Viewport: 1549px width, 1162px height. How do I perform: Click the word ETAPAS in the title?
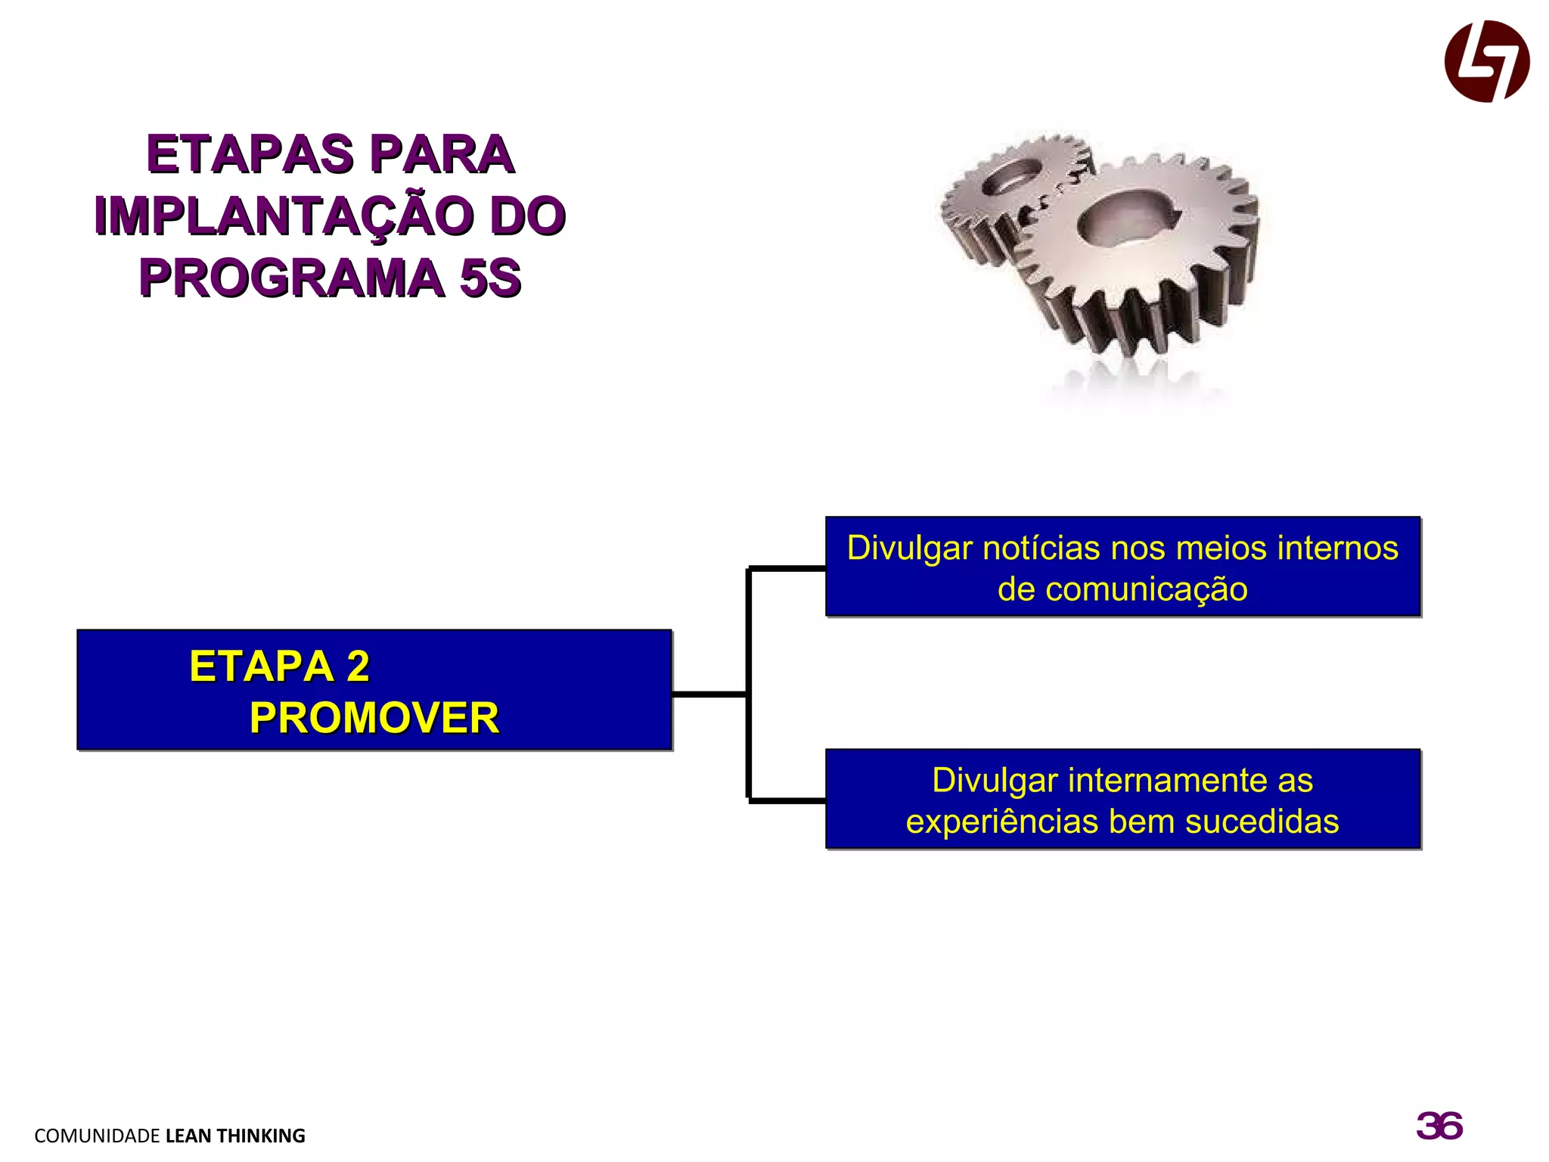coord(250,155)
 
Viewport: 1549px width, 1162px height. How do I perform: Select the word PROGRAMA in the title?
coord(292,278)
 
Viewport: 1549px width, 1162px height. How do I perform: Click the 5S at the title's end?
coord(491,278)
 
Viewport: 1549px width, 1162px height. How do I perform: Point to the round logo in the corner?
coord(1486,61)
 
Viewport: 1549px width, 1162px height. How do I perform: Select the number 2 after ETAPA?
coord(358,666)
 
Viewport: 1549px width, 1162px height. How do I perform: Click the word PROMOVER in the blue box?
coord(374,718)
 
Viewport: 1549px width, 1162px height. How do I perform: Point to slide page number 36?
coord(1439,1126)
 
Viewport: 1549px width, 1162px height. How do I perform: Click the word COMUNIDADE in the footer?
coord(97,1136)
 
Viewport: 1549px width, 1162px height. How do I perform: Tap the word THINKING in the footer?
coord(261,1136)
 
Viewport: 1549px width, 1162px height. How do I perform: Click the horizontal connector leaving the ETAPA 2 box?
coord(709,694)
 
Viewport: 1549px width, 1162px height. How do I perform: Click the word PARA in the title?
coord(442,155)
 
